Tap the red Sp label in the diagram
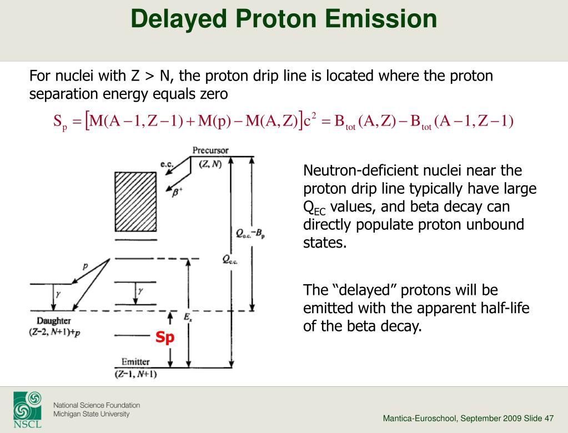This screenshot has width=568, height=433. point(165,338)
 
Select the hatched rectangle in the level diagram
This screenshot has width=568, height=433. point(136,202)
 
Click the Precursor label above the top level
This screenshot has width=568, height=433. point(210,150)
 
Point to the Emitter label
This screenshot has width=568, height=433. point(135,362)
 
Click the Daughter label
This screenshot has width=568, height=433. point(54,321)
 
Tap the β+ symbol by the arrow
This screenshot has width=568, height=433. point(177,193)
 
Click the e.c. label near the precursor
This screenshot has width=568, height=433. point(167,164)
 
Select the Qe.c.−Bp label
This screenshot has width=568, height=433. point(250,234)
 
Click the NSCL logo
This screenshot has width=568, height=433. point(28,410)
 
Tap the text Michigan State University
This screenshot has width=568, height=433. point(91,414)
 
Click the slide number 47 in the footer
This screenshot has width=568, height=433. point(549,419)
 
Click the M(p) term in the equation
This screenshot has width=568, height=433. point(214,121)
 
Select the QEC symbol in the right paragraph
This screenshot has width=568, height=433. point(314,208)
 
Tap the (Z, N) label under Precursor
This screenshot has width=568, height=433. point(210,164)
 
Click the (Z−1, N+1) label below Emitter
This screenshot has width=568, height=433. point(136,374)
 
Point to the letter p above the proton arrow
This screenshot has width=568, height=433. point(85,266)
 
